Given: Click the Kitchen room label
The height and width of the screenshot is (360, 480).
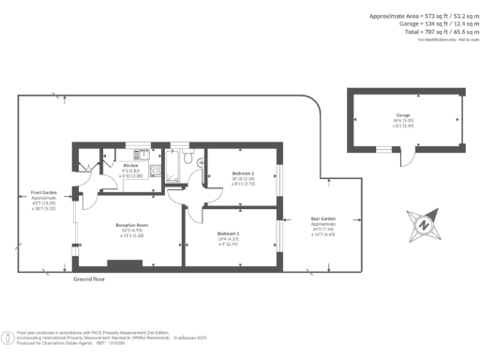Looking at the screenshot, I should tap(131, 166).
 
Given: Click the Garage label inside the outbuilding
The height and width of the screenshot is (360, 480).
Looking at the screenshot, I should tap(402, 116).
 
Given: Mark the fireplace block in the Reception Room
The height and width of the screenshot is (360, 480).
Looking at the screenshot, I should tap(124, 264).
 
